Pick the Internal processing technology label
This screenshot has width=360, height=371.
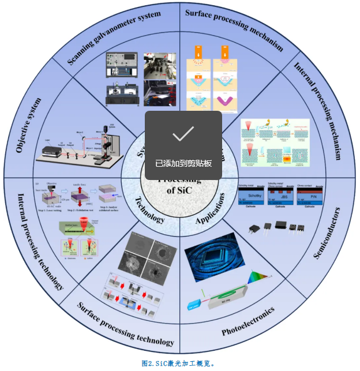click(x=40, y=242)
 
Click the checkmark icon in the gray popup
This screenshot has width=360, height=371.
click(x=183, y=134)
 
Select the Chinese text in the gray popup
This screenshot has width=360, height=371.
click(x=183, y=163)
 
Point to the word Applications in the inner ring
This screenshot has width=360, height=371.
click(x=210, y=212)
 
